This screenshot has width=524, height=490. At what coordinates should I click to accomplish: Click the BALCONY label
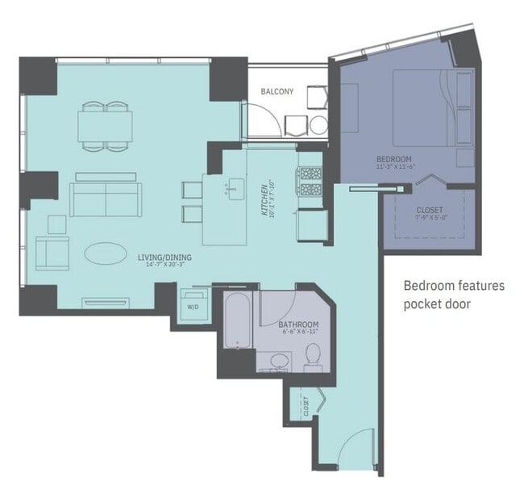tap(276, 91)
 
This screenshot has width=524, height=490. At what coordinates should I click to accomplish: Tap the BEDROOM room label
tap(393, 158)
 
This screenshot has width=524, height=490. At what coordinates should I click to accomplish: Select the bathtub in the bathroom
tap(238, 320)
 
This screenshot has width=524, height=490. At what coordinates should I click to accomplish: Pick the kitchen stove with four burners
tap(310, 182)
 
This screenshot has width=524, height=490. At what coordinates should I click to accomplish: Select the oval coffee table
tap(106, 253)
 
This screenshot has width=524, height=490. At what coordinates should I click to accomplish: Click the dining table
tap(106, 125)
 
